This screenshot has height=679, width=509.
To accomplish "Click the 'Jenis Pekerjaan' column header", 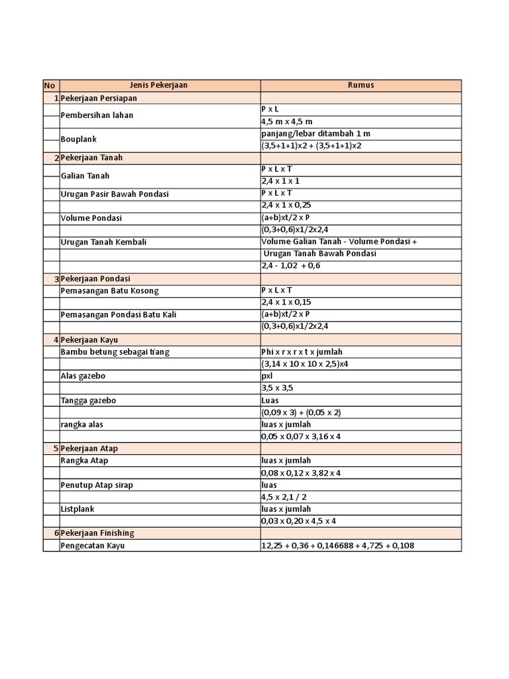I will [159, 85].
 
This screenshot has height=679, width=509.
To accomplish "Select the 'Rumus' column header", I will [361, 85].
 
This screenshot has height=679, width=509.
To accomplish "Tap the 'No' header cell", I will [50, 86].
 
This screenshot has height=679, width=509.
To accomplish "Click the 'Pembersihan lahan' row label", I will [97, 115].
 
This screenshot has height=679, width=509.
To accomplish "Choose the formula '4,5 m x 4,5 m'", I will [287, 121].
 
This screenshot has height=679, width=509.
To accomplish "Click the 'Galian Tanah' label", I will [85, 176].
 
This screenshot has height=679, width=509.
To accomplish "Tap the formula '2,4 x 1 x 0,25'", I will [286, 205].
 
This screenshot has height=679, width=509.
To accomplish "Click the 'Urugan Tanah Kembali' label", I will [103, 242].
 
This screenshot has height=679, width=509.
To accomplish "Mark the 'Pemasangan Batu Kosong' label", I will [109, 290].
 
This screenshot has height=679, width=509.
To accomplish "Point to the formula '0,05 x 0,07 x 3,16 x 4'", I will [301, 436].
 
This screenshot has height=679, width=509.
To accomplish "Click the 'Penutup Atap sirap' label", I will [97, 485].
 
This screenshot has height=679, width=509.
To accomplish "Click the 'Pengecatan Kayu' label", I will [93, 546].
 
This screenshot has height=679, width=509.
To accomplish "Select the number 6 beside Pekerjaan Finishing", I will [56, 533].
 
